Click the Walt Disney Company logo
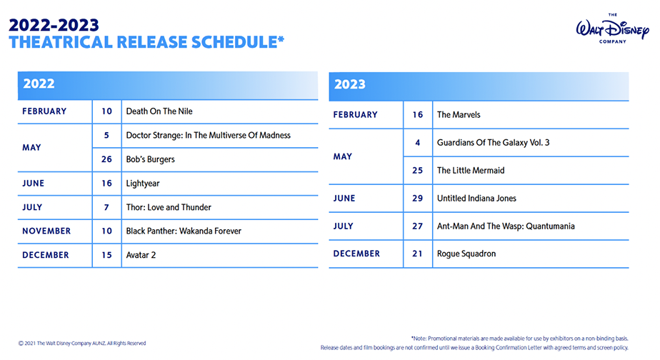(x=612, y=28)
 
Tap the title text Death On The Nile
(x=159, y=111)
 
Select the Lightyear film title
(x=143, y=184)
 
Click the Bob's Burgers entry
(x=150, y=159)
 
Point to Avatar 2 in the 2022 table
(x=141, y=255)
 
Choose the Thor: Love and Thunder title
(x=169, y=207)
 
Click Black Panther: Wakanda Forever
(x=184, y=231)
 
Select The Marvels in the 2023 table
(x=459, y=114)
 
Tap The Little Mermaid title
(x=471, y=171)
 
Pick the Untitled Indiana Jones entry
(x=476, y=199)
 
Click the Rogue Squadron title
(x=466, y=254)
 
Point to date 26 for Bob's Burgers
(x=106, y=159)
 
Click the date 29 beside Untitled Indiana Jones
(x=418, y=199)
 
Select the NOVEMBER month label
(x=46, y=231)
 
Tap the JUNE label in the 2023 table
(x=344, y=199)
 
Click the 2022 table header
(x=168, y=86)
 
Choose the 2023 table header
(x=479, y=86)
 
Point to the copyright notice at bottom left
(x=82, y=343)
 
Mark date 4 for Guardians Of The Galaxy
(x=418, y=143)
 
